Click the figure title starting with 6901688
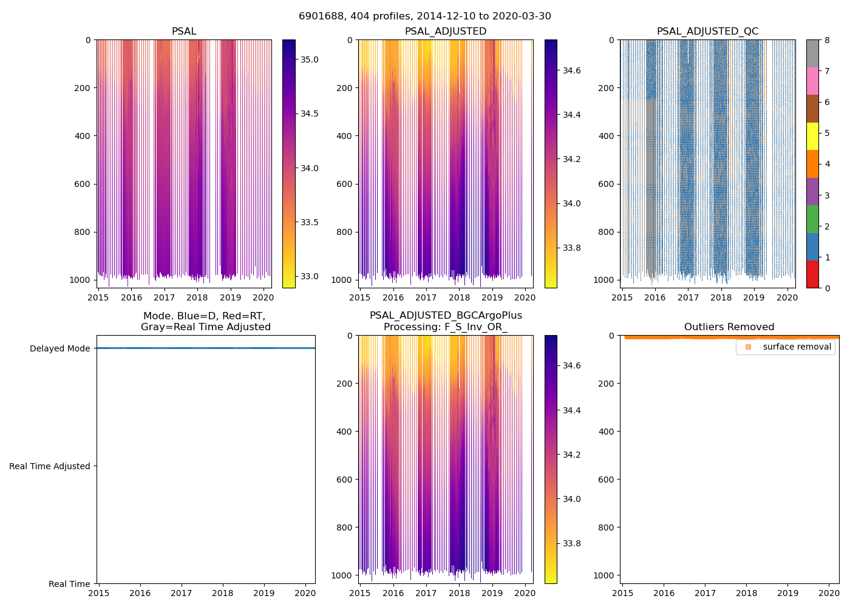(424, 16)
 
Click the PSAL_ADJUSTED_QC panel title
(707, 32)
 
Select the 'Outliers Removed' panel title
(729, 327)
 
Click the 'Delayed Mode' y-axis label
(59, 348)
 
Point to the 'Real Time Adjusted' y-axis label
(49, 466)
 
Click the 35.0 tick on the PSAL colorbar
(310, 59)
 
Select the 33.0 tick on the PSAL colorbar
(310, 276)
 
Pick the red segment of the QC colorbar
(812, 274)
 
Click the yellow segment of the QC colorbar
(812, 136)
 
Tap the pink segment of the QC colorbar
(812, 81)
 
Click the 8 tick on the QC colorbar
(826, 40)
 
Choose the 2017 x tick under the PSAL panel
(164, 297)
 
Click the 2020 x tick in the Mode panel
(305, 593)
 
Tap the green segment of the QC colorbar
(812, 219)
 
